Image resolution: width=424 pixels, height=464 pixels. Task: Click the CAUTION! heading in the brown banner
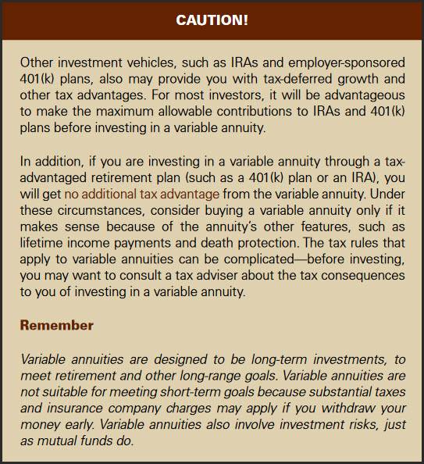tap(212, 20)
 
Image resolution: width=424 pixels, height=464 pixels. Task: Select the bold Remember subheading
tap(56, 324)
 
